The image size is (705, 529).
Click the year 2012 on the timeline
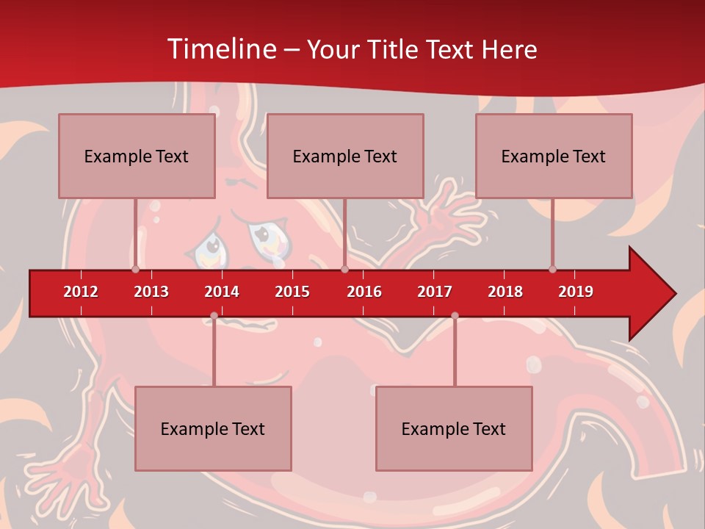pos(81,292)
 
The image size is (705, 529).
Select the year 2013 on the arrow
pos(151,292)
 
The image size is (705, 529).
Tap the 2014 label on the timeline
pos(222,292)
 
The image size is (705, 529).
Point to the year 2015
pos(292,292)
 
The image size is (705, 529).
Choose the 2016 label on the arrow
pos(364,292)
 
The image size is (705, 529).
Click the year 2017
pos(435,292)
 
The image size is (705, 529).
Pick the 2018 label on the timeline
pos(505,292)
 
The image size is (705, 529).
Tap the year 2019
pos(576,292)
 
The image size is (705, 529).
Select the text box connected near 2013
pos(137,156)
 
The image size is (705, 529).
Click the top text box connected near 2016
pos(345,156)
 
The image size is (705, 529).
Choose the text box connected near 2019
pos(554,156)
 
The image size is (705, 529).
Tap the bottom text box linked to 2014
pos(213,428)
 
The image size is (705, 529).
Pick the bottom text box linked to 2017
pos(454,428)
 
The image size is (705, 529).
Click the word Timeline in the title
pos(221,49)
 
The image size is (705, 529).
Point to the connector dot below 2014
pos(214,316)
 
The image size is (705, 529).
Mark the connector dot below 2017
pos(455,316)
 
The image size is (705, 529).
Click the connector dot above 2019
pos(552,269)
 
